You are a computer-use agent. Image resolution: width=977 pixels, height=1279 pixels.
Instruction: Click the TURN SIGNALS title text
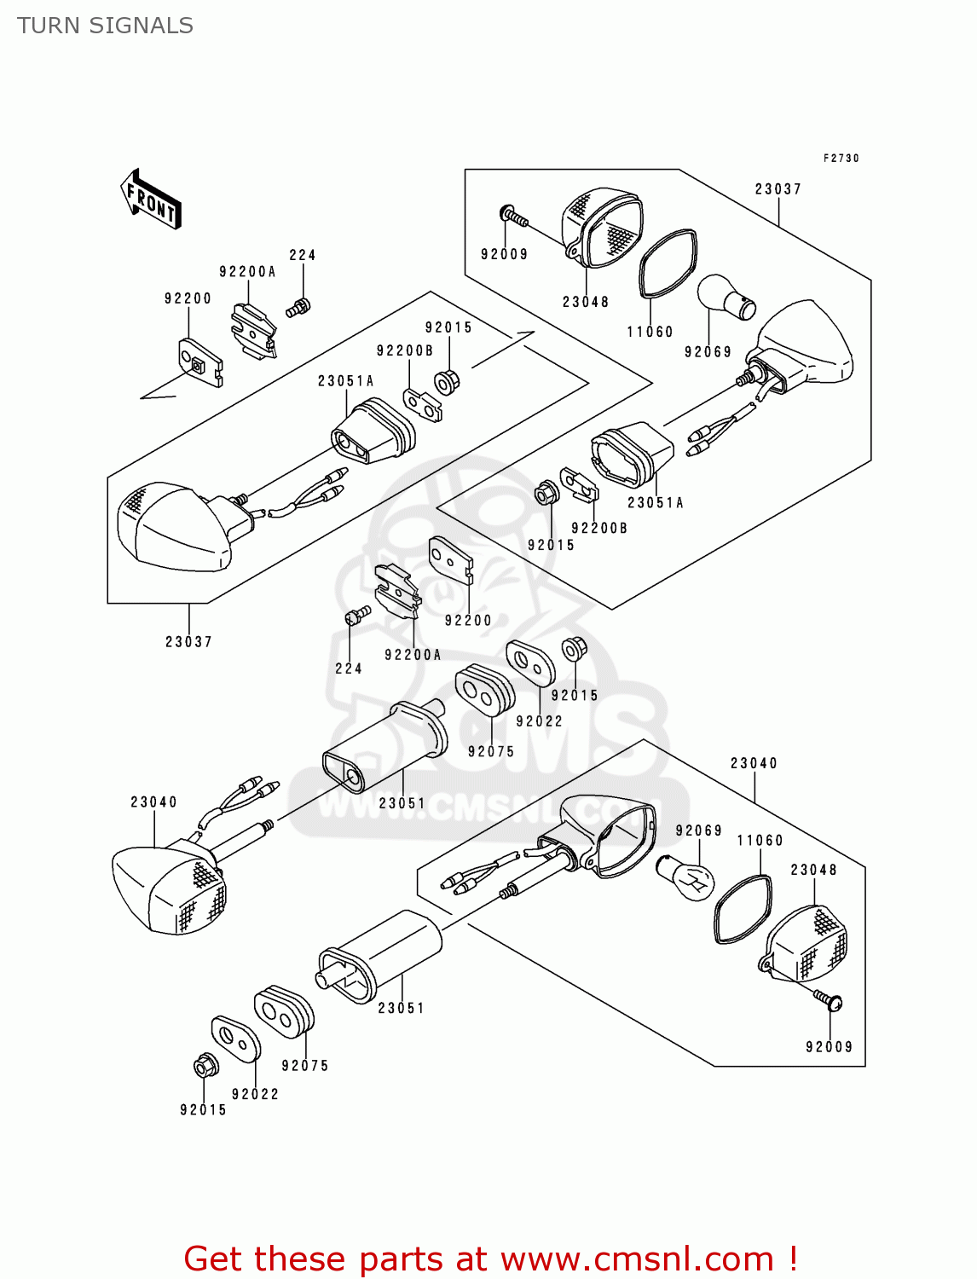(105, 26)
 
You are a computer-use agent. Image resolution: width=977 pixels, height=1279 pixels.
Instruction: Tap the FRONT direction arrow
(151, 200)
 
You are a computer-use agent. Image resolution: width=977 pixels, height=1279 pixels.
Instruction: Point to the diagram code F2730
(841, 158)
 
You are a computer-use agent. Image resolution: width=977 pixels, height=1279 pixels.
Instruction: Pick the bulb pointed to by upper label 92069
(727, 298)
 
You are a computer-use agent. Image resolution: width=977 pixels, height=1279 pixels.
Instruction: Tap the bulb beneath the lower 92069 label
(686, 875)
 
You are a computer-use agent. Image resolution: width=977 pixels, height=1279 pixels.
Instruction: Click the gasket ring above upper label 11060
(668, 263)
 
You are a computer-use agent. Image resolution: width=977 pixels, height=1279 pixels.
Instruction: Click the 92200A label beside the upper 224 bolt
(247, 272)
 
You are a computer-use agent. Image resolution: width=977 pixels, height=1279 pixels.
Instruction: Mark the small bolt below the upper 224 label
(298, 308)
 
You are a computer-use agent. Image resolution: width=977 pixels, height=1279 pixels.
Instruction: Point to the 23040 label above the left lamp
(153, 802)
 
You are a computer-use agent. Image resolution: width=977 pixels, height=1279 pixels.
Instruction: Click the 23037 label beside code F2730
(778, 189)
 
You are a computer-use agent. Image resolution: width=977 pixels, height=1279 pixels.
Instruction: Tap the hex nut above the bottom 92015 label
(205, 1066)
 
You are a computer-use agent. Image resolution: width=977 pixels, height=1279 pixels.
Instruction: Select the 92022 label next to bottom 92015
(255, 1094)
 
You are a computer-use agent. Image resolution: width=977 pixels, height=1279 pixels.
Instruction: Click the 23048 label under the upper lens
(586, 302)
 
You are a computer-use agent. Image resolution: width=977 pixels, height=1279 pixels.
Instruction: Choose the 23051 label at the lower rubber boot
(401, 1008)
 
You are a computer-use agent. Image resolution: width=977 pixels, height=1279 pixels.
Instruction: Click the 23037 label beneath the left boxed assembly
(188, 642)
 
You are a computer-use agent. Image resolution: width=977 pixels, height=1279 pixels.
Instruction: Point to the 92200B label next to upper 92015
(405, 350)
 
